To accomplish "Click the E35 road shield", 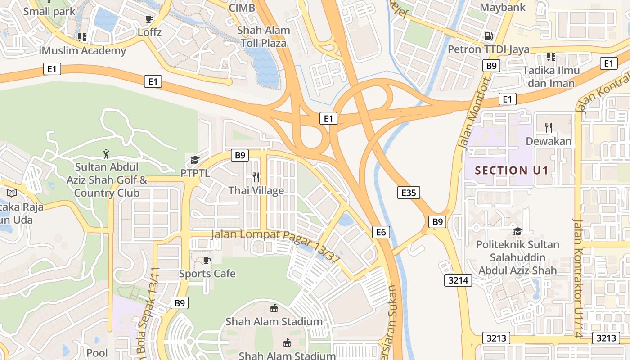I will [x=409, y=193].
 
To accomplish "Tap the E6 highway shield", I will [x=381, y=232].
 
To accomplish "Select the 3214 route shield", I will [x=459, y=280].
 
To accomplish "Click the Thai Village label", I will [x=256, y=190].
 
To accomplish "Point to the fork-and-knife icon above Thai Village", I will [x=256, y=177].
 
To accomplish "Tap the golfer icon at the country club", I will [x=106, y=154].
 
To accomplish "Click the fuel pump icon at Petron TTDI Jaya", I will [x=488, y=36].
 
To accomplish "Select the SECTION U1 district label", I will [x=512, y=171].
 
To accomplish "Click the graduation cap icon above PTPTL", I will [x=195, y=160].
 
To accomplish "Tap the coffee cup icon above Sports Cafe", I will [x=207, y=260].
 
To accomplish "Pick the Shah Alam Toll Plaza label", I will [x=263, y=37].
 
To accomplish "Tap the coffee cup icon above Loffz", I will [x=149, y=19].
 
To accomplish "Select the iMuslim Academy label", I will [x=83, y=50].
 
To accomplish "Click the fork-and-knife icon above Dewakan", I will [x=548, y=128].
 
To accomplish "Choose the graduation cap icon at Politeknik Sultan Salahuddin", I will [x=517, y=231].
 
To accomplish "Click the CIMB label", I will [x=242, y=8].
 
